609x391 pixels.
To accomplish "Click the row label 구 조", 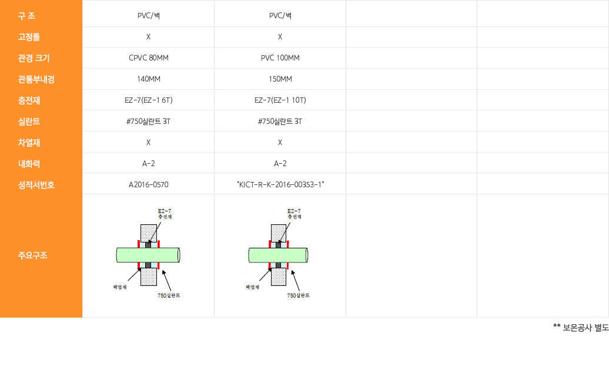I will tap(26, 16).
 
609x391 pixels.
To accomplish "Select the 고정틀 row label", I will tap(29, 37).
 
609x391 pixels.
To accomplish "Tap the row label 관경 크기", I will tap(34, 58).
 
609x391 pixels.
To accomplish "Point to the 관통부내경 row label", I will tap(36, 79).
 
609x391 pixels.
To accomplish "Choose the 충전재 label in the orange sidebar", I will tap(29, 100).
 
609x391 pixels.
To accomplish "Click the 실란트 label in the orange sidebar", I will tap(29, 122).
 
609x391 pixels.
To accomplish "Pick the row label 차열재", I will tap(29, 143).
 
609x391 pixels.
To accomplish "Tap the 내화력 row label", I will tap(29, 164).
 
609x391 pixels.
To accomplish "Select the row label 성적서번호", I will tap(36, 185).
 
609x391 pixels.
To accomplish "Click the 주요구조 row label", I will tap(32, 255).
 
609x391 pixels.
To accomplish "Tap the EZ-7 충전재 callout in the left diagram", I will tap(165, 214).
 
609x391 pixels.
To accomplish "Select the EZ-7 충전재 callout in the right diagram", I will tap(294, 214).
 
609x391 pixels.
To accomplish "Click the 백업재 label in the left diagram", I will tap(120, 287).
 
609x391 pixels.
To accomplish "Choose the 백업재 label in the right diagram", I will tap(252, 287).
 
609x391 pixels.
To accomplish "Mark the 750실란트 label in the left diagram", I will tap(169, 295).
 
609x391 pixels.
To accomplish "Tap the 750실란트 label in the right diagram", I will tap(298, 295).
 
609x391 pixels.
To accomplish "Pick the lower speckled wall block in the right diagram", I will tap(278, 277).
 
